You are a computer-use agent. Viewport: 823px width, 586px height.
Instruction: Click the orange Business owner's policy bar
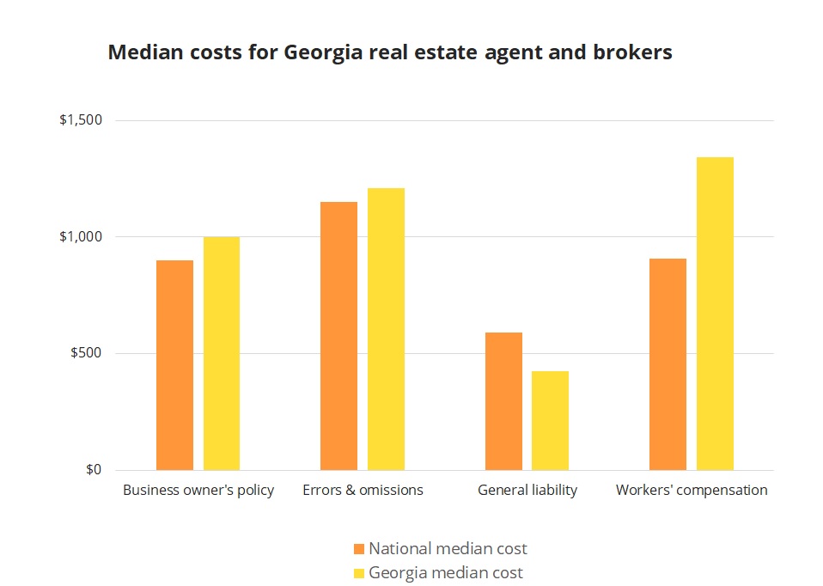point(174,365)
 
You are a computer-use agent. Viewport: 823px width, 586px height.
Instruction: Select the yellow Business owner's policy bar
point(222,353)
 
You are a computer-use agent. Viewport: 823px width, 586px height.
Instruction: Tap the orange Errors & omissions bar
point(338,336)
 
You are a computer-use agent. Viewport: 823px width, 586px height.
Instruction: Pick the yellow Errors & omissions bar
point(386,329)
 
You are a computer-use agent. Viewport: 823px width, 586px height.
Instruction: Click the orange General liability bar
point(503,401)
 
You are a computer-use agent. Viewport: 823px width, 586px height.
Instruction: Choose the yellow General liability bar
point(550,420)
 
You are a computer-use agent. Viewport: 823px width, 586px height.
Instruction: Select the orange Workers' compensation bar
point(668,364)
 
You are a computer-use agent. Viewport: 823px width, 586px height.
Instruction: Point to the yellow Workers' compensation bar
point(715,314)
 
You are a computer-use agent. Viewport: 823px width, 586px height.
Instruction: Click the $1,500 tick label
point(81,120)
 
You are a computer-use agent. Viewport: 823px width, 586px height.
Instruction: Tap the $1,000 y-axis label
point(81,237)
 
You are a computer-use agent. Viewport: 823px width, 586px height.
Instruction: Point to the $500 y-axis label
point(87,353)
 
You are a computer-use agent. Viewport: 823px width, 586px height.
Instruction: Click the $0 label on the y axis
point(94,470)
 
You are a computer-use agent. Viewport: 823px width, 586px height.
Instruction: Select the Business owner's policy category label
point(198,491)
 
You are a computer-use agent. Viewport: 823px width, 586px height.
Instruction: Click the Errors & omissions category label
point(363,491)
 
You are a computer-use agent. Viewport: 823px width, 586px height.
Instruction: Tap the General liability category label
point(527,491)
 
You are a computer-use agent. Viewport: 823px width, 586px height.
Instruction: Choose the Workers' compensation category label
point(692,491)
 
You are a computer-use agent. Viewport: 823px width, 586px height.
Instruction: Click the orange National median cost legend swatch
point(359,548)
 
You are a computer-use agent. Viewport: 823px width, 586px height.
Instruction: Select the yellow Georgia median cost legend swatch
point(359,572)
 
